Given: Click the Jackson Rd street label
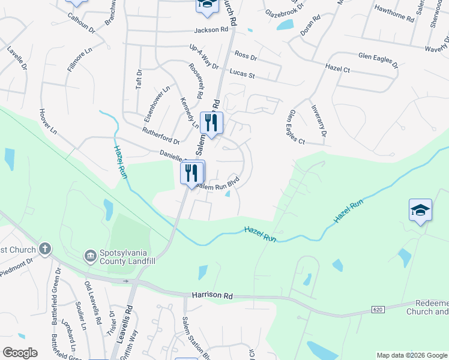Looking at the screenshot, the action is pos(211,29).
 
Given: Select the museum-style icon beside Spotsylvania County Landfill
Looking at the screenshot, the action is pos(91,256).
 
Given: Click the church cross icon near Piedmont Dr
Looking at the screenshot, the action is pos(44,248).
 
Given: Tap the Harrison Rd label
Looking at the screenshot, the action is pos(212,296).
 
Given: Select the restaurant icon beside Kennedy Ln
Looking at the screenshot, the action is pos(211,124).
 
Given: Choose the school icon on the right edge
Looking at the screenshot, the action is pos(420,211).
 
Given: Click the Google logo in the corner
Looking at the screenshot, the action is pos(20,353).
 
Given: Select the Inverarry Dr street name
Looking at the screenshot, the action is pos(318,121).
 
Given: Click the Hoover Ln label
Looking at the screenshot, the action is pos(47,121).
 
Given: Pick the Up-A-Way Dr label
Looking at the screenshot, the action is pos(203,56).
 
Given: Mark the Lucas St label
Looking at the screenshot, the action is pos(243,74).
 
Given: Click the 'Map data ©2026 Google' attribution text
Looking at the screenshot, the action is pos(411,355).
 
